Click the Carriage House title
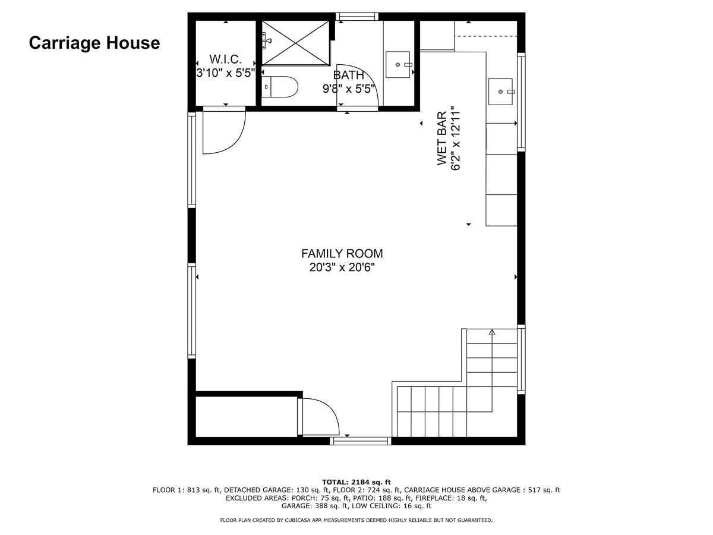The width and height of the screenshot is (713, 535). point(94,43)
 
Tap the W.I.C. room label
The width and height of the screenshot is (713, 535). point(225,59)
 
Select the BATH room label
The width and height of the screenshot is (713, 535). point(349,75)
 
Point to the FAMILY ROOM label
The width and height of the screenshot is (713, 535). point(342,253)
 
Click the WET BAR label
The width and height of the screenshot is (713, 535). point(442,139)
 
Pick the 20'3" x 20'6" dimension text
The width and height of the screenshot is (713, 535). point(342,267)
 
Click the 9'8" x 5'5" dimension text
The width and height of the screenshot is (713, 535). point(349,89)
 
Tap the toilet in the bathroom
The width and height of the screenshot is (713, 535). point(280,87)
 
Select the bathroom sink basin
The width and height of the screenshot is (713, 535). point(398,64)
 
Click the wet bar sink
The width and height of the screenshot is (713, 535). point(500,92)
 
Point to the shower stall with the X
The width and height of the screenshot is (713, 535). point(295,43)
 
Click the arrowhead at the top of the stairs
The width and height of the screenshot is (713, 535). point(492,332)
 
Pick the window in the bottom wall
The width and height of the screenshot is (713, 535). point(361,441)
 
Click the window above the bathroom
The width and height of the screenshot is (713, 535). point(357,17)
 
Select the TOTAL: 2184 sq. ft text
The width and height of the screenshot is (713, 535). point(356,482)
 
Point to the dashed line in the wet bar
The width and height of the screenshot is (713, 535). point(485,36)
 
